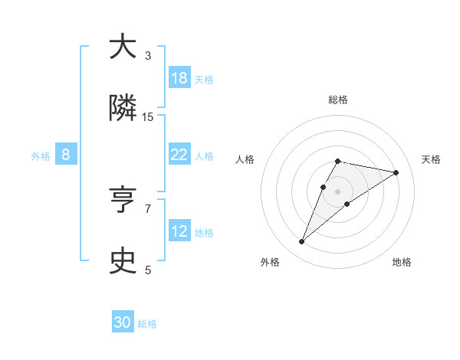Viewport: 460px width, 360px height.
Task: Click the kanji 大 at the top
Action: pos(123,47)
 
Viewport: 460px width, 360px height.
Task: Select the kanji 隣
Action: pos(123,109)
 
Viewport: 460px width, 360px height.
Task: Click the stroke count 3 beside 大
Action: pos(148,56)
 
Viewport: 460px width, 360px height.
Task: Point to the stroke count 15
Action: pos(148,117)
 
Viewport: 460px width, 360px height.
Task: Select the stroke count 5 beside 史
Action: pos(148,270)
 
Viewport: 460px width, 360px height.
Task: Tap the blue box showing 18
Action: pos(179,78)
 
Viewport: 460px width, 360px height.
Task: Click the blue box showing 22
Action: pos(179,155)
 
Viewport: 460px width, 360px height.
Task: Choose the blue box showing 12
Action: pos(179,231)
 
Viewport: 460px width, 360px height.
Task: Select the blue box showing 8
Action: pos(66,155)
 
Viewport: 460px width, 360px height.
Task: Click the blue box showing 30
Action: pos(123,322)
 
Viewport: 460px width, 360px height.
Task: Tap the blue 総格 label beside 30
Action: pos(147,324)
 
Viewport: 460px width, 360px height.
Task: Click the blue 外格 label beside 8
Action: pos(41,156)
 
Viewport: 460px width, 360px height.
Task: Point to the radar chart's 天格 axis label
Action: pos(431,159)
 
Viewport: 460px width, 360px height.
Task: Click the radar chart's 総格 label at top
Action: pos(337,100)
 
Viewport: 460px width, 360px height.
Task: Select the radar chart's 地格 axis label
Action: pos(402,262)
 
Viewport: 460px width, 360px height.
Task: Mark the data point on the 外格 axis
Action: pos(302,242)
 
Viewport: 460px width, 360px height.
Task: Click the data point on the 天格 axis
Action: pos(396,172)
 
